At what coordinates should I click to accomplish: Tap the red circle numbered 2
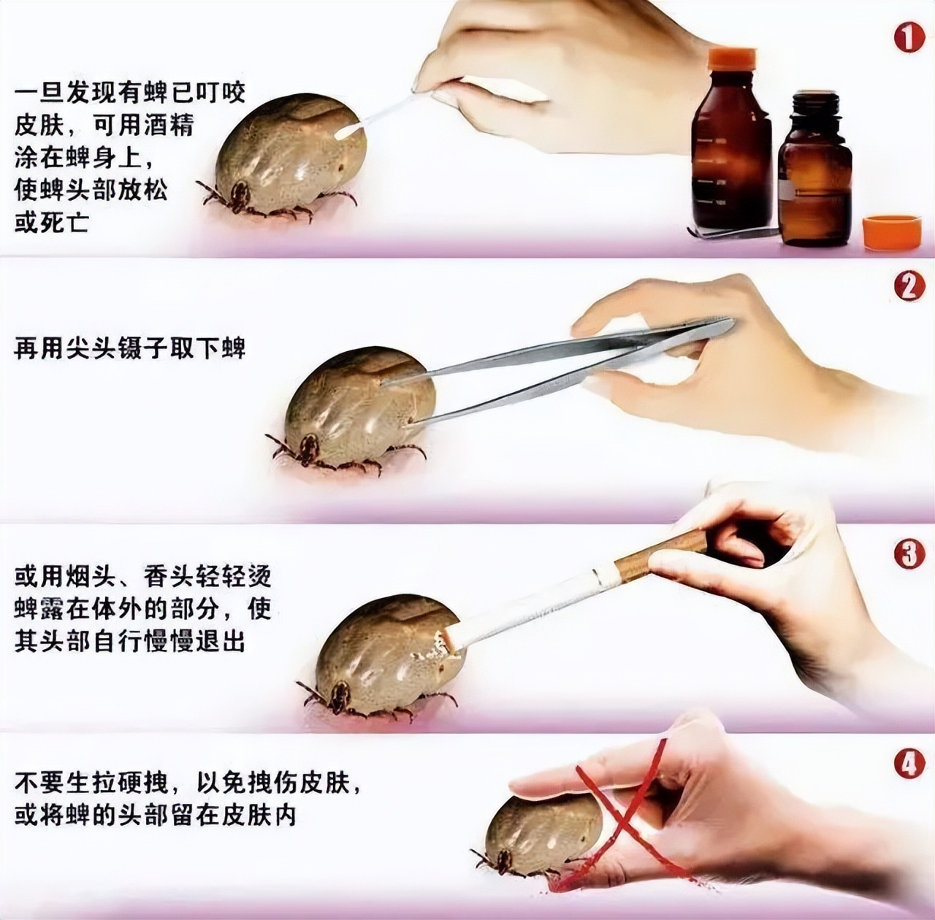coord(909,286)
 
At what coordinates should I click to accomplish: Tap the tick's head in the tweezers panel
coord(308,448)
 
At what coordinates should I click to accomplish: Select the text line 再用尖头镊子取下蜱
coord(129,348)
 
